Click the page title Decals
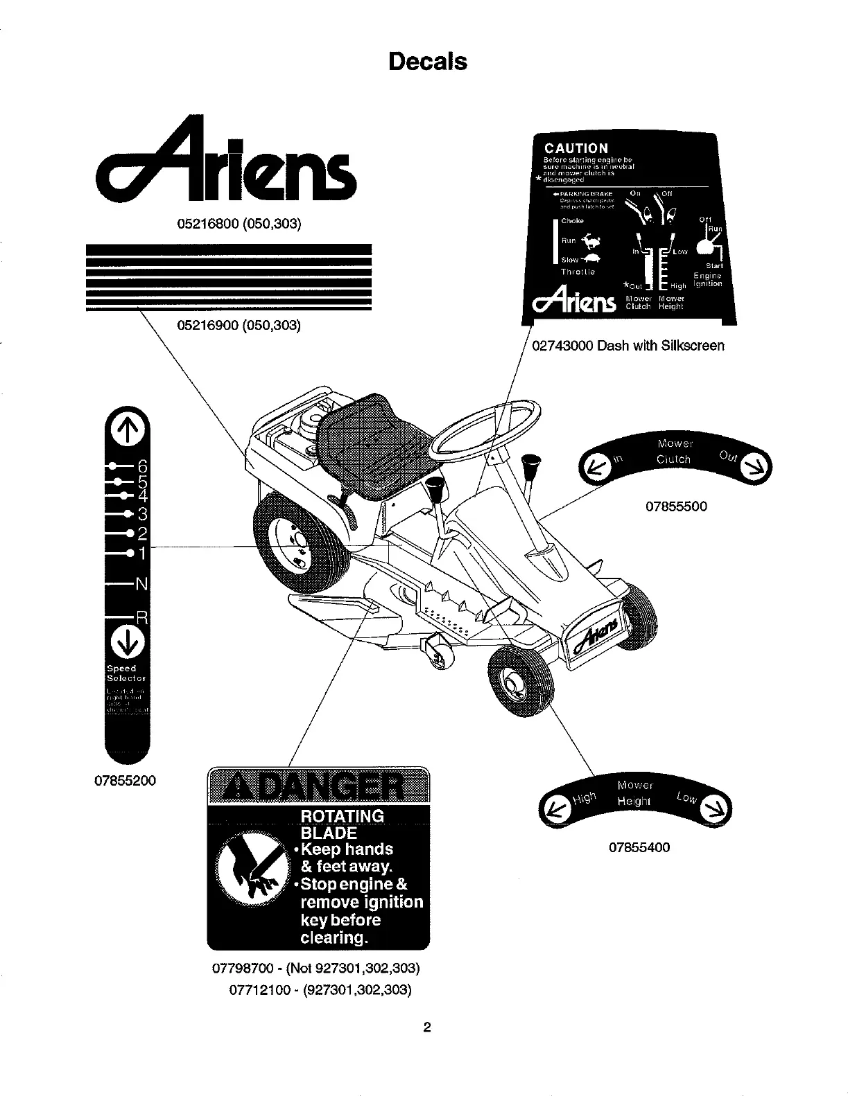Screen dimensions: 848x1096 428,62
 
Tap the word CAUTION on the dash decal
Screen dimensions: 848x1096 576,148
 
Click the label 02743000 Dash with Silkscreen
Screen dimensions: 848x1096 628,345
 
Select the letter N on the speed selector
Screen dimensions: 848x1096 141,584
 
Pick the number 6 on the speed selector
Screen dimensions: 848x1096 142,465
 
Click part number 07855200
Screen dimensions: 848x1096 126,781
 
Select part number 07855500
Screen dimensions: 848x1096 676,506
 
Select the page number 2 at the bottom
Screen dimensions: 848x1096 427,1027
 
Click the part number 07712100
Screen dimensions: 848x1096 261,990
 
